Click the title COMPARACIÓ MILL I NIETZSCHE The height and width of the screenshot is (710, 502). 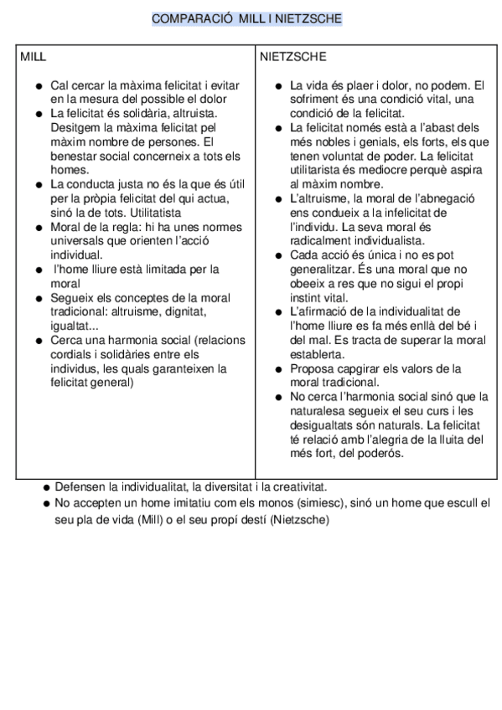247,18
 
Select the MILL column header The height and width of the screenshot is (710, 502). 33,57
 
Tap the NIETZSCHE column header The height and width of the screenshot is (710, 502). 292,57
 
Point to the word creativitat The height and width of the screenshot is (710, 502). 298,486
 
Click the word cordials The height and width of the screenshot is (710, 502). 74,354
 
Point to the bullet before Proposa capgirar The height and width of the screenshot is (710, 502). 279,368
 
